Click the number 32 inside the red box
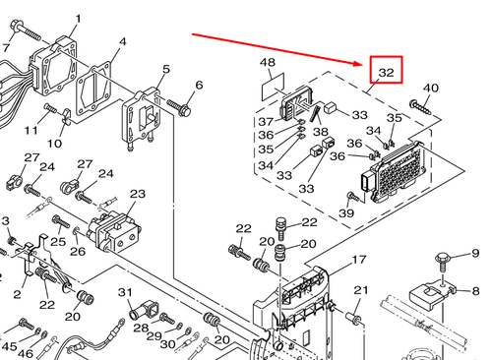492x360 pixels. click(x=386, y=72)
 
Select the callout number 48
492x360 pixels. click(x=268, y=64)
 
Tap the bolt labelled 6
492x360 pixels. click(x=181, y=105)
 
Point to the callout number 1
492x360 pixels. click(x=79, y=19)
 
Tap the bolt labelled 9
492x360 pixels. click(x=444, y=262)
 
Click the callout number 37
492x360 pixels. click(x=266, y=122)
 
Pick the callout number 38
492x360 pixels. click(x=320, y=132)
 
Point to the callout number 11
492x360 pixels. click(x=31, y=130)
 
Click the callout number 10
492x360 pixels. click(x=55, y=144)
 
